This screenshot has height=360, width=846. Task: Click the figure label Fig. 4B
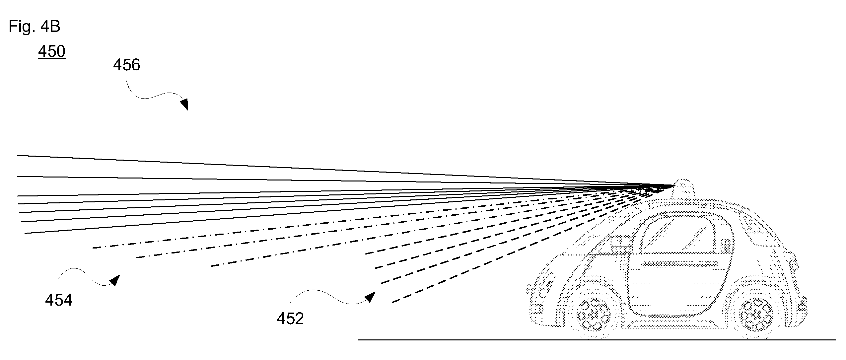(35, 27)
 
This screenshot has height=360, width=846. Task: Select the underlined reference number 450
(52, 52)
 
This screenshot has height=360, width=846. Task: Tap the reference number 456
(126, 65)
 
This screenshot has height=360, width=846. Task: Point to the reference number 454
(59, 300)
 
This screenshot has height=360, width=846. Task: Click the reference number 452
(290, 319)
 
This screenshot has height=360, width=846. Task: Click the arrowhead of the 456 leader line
(185, 104)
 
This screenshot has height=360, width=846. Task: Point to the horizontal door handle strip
(680, 264)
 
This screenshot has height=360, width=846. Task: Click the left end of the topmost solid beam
(18, 155)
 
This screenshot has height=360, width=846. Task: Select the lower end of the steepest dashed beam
(392, 302)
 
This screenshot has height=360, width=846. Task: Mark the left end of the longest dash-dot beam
(93, 248)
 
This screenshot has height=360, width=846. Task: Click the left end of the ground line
(359, 340)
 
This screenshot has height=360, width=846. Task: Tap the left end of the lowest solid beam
(25, 233)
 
